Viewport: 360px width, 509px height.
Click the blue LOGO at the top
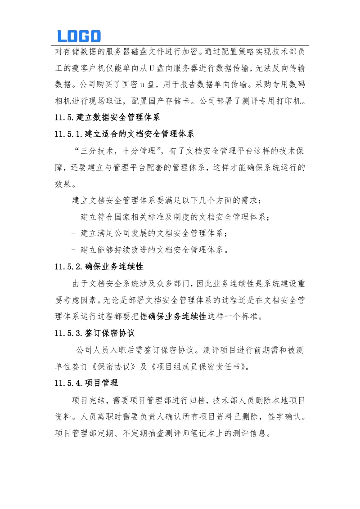(79, 36)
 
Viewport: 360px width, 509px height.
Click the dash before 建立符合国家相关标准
(73, 218)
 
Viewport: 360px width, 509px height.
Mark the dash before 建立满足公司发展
(73, 234)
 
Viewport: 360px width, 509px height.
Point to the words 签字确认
(283, 417)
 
